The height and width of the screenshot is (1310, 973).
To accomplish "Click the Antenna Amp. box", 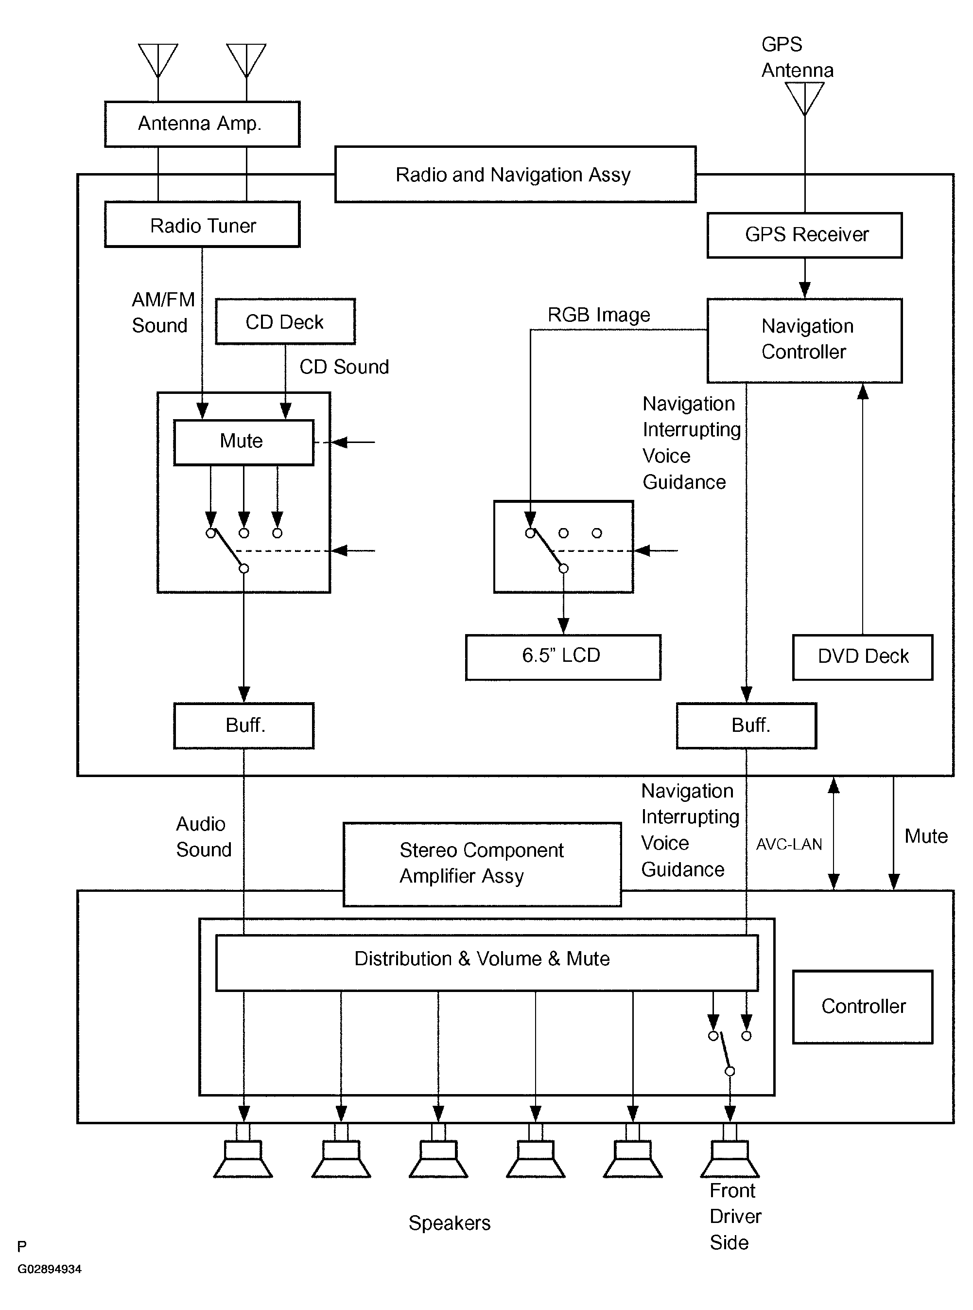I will pos(202,124).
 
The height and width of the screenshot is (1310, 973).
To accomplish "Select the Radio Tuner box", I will pos(202,225).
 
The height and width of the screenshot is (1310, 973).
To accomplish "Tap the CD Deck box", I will pos(285,322).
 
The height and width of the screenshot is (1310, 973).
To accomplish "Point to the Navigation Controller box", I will pos(804,340).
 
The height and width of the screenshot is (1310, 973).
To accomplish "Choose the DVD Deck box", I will pos(862,657).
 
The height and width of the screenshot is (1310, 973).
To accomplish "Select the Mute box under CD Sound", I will pos(243,442).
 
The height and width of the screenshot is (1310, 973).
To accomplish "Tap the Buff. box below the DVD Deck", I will pos(746,726).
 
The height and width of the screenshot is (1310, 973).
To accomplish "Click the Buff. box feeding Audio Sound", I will pos(243,726).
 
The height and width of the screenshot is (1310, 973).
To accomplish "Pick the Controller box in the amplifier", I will pos(862,1007).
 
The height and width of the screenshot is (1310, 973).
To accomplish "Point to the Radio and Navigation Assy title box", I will pos(515,175).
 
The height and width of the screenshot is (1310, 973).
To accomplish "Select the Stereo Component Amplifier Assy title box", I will pos(482,864).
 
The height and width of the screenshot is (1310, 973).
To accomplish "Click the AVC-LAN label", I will pos(789,845).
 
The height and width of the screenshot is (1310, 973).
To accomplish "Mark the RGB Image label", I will pos(598,315).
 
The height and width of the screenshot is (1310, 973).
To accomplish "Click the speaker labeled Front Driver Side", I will pos(730,1159).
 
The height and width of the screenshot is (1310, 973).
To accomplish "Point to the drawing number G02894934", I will pos(50,1269).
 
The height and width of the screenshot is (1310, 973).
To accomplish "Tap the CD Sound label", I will pos(344,367).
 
